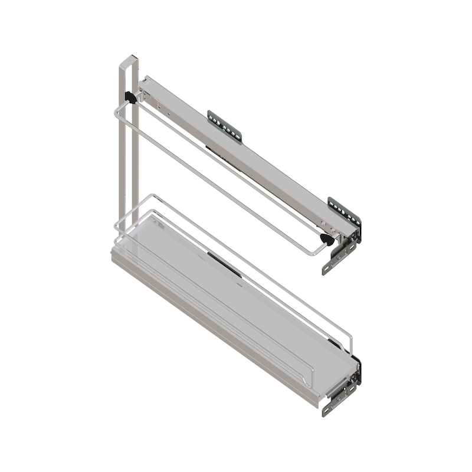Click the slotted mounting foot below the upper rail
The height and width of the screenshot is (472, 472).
pos(338,260)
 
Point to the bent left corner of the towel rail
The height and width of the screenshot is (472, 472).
pos(116,112)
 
